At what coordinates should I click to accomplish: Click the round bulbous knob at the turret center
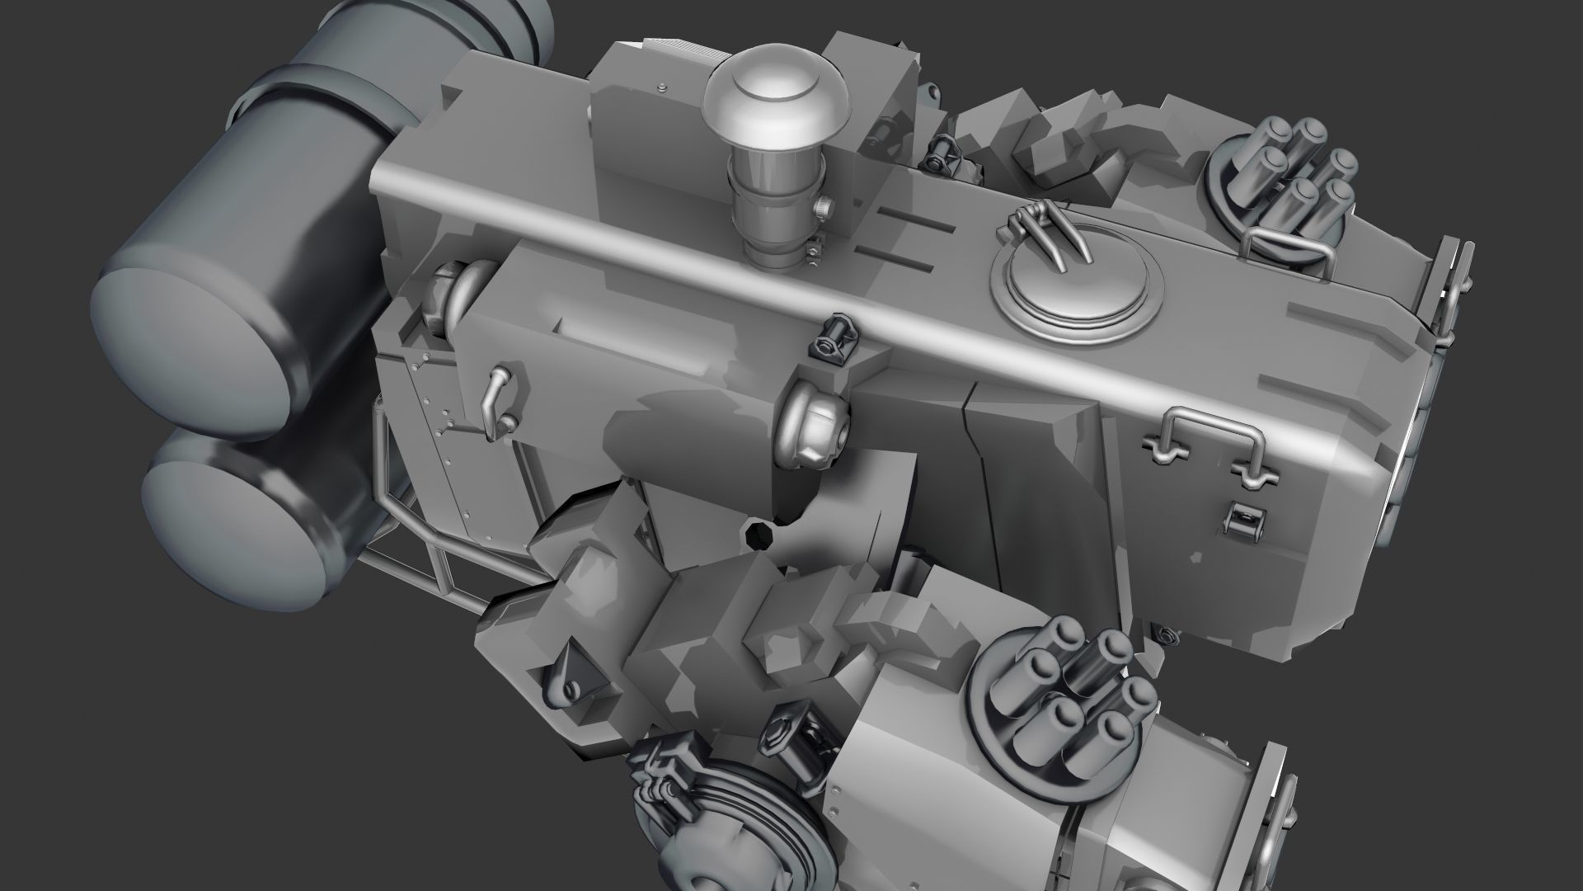(813, 427)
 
